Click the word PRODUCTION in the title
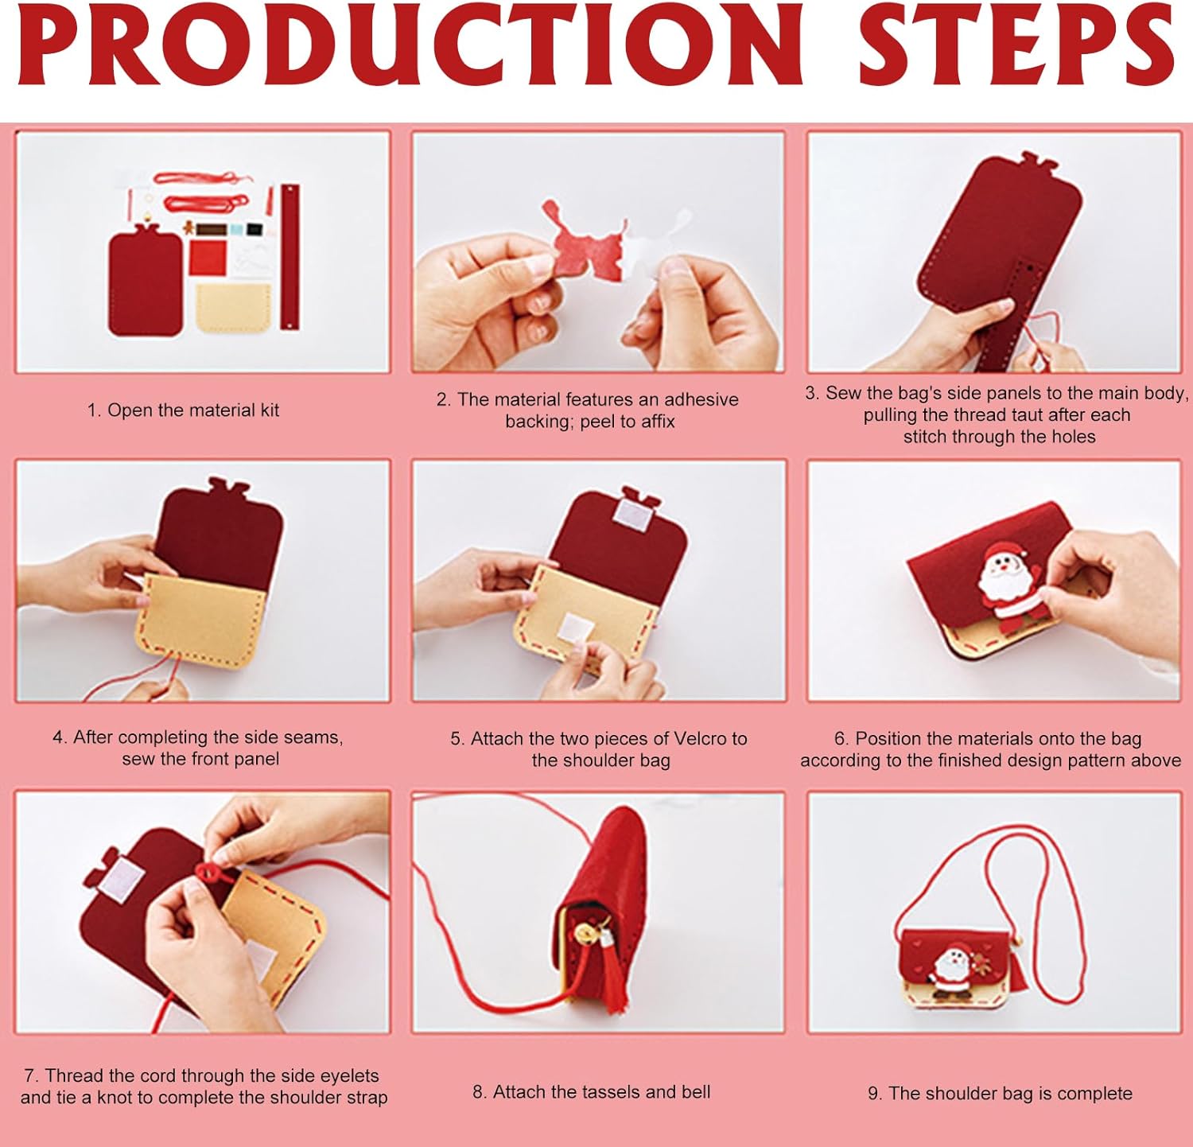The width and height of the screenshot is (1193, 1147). [x=410, y=45]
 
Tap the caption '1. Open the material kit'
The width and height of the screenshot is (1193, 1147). [x=184, y=410]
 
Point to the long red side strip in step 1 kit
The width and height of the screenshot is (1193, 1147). [x=290, y=258]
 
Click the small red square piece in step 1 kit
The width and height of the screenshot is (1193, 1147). [x=208, y=258]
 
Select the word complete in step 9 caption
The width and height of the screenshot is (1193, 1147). [x=1094, y=1094]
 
